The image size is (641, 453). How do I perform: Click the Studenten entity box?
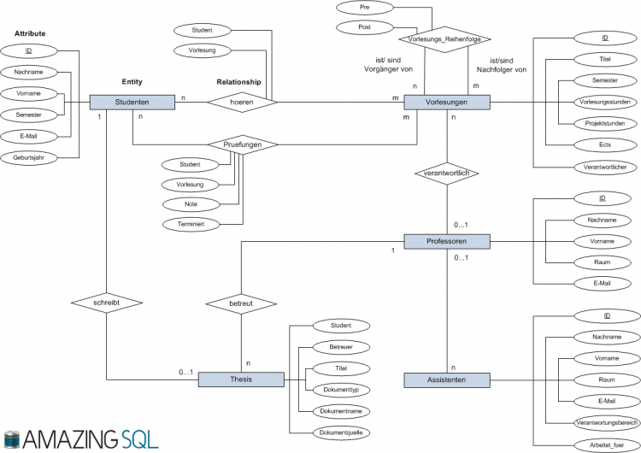click(x=132, y=102)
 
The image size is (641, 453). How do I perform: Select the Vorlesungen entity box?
click(x=446, y=102)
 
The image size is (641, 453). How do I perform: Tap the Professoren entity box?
click(x=446, y=242)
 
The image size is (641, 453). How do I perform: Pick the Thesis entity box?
click(x=241, y=379)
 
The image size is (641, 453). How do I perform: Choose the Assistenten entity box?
click(x=446, y=379)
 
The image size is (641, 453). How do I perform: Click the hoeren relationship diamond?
click(x=243, y=102)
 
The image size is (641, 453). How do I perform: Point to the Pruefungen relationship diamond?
click(x=243, y=145)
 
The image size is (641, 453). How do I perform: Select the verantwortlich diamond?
click(x=446, y=174)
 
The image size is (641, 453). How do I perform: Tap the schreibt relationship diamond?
click(x=105, y=303)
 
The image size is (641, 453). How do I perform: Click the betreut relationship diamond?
click(x=242, y=303)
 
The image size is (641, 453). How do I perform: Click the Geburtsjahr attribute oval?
click(x=29, y=157)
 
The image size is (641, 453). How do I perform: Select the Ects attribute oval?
click(x=605, y=144)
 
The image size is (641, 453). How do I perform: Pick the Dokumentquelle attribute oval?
click(x=339, y=432)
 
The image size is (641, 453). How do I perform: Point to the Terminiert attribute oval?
click(x=191, y=224)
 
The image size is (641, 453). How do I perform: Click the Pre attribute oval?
click(x=363, y=7)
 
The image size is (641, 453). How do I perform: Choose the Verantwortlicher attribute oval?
click(x=605, y=167)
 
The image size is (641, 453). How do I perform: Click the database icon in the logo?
click(x=11, y=439)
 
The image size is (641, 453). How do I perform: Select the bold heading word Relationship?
click(x=240, y=82)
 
